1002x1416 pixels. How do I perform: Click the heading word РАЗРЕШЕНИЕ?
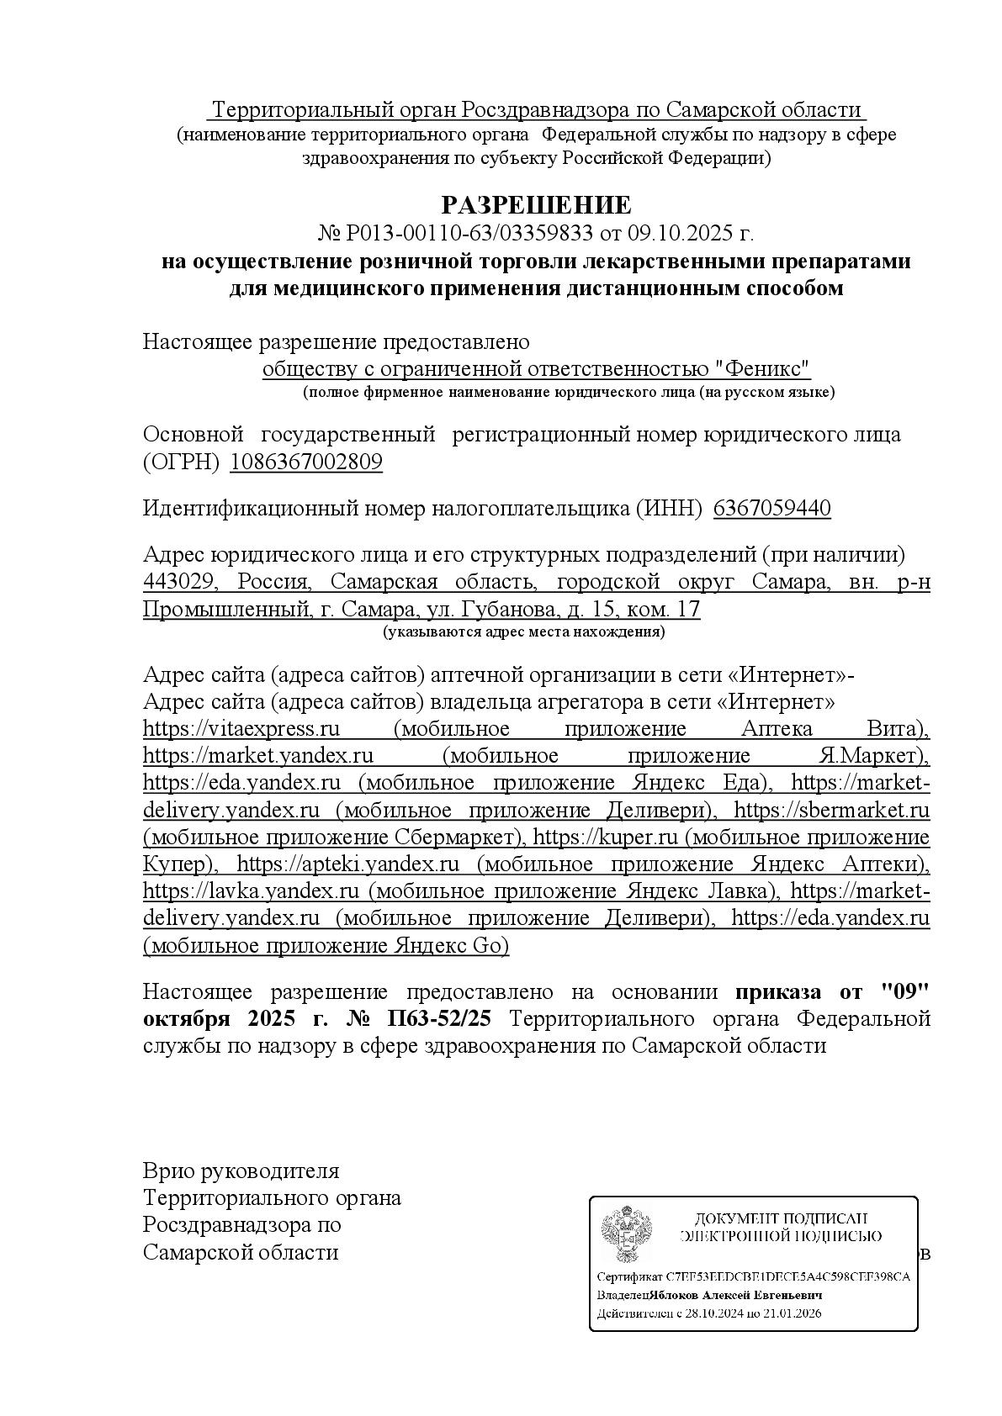click(x=536, y=204)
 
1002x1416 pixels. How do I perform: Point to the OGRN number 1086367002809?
click(x=305, y=462)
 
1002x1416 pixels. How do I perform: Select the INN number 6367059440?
click(x=771, y=508)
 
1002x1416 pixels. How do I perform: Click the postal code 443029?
click(x=179, y=582)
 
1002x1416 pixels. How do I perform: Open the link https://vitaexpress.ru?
click(x=241, y=728)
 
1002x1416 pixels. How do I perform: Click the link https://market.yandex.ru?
click(x=258, y=755)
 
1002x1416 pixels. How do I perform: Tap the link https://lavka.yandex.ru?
click(x=252, y=890)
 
